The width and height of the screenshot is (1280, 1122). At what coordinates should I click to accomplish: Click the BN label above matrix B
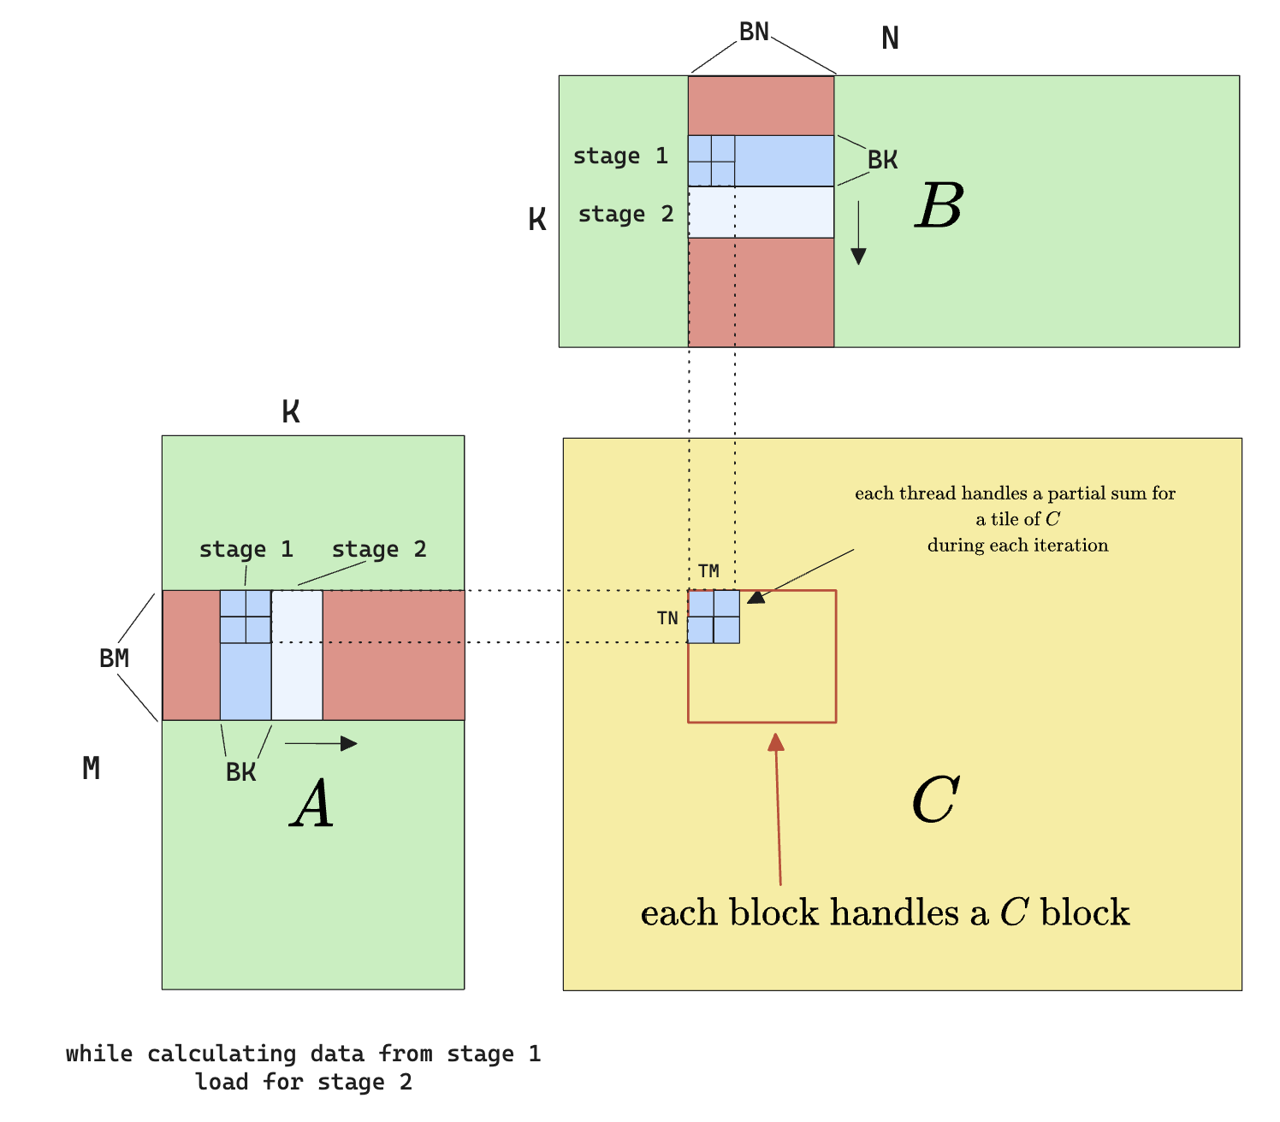coord(754,32)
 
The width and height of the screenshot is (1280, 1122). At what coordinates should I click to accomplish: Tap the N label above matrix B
coord(890,38)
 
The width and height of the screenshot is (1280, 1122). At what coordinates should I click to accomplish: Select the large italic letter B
coord(939,206)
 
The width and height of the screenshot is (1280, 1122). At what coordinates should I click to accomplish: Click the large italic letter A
coord(311,805)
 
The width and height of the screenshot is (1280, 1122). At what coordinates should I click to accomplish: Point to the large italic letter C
coord(935,800)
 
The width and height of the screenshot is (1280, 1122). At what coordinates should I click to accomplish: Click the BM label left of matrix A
coord(114,658)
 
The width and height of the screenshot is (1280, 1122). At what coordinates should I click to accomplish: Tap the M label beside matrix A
coord(91,769)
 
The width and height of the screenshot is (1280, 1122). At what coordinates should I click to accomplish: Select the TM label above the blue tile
coord(708,571)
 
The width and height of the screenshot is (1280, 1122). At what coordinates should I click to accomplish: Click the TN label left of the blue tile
coord(667,618)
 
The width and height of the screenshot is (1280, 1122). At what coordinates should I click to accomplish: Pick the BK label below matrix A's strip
coord(240,772)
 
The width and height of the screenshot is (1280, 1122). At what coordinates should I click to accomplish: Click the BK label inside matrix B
coord(882,160)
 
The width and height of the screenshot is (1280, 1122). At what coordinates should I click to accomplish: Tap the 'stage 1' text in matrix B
coord(619,156)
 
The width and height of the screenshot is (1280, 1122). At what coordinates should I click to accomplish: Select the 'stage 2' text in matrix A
coord(379,549)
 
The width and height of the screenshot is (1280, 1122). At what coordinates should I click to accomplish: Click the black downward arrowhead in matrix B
coord(858,256)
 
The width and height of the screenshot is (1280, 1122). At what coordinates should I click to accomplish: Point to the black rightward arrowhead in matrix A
coord(348,743)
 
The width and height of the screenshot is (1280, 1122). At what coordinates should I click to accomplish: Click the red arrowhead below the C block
coord(776,742)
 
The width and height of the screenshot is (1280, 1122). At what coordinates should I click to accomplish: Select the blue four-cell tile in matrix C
coord(714,617)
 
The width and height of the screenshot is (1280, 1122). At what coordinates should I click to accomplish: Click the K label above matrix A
coord(291,412)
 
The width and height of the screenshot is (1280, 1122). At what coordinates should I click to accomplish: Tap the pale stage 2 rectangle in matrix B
coord(761,212)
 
